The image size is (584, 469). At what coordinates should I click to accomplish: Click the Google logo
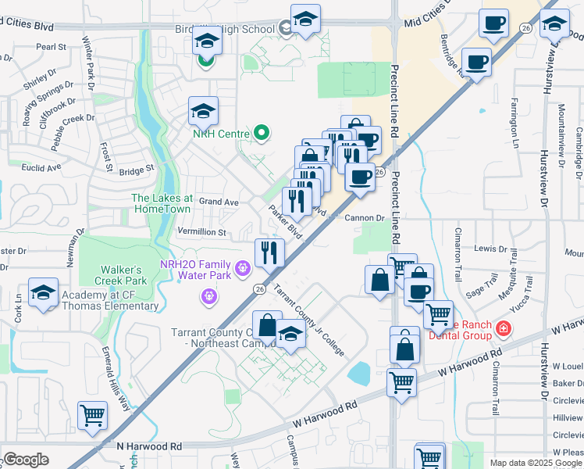26,460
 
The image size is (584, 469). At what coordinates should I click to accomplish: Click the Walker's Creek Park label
120,274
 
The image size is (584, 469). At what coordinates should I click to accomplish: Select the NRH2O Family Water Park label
195,270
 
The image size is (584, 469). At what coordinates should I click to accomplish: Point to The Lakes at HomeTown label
162,204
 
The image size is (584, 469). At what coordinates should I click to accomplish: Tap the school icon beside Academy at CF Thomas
44,292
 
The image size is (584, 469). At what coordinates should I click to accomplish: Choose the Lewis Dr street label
490,249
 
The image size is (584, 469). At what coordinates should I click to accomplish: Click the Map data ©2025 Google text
535,463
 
